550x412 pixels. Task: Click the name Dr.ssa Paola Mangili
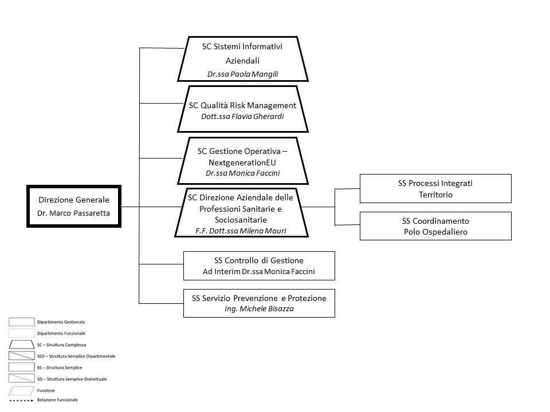pos(243,74)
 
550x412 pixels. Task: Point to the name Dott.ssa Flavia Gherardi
pos(242,116)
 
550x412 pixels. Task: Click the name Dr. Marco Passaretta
pos(74,213)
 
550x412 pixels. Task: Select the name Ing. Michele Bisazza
pos(259,308)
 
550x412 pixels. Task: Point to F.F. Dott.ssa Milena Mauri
pos(241,231)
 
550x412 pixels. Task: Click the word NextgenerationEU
pos(242,163)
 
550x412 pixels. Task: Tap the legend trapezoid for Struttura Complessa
pos(21,344)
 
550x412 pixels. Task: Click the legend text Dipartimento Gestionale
pos(61,322)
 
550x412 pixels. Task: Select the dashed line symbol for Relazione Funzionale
pos(21,400)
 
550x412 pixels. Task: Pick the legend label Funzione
pos(46,390)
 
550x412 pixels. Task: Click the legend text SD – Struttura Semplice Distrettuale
pos(72,379)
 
